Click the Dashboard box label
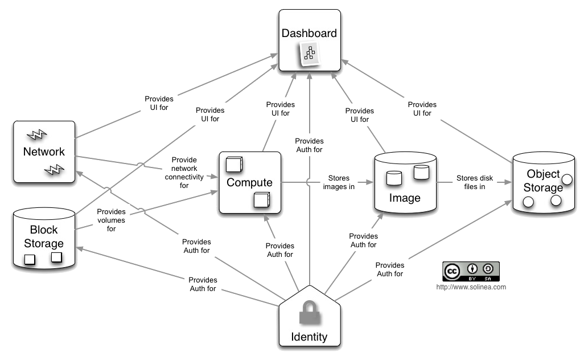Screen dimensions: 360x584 tap(310, 33)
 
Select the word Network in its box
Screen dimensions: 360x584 tap(44, 152)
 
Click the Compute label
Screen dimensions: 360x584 tap(249, 183)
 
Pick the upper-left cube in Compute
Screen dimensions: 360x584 tap(234, 164)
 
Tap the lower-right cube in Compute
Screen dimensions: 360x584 tap(261, 201)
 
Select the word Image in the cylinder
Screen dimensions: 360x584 tap(405, 198)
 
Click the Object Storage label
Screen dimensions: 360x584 tap(543, 180)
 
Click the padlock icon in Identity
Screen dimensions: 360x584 tap(310, 312)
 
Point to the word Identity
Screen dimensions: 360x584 tap(310, 337)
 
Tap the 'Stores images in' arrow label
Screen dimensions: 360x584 tap(339, 182)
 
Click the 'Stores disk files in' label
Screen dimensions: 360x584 tap(470, 182)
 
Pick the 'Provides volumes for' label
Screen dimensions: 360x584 tap(112, 220)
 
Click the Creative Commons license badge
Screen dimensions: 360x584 tap(470, 272)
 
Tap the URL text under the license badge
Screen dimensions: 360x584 tap(470, 287)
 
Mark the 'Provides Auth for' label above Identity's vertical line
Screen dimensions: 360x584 tap(310, 145)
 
